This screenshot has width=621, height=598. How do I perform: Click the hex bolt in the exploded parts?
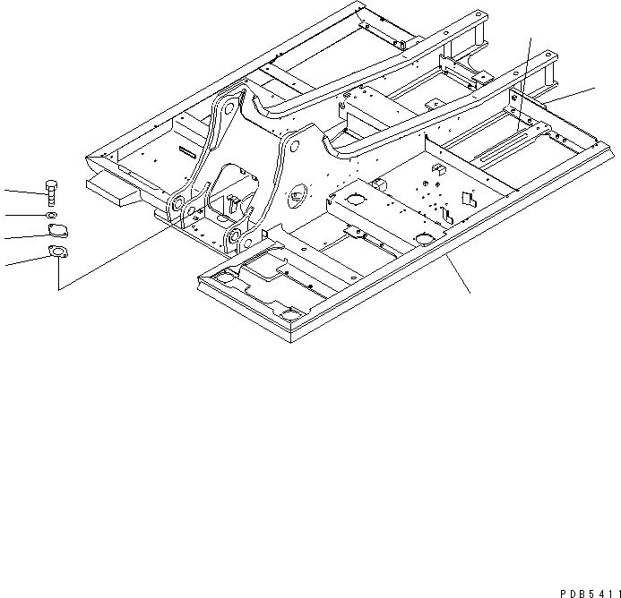(x=51, y=192)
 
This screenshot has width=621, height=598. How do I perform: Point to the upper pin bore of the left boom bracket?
(x=229, y=108)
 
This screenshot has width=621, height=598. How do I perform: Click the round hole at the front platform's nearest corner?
(x=291, y=312)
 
